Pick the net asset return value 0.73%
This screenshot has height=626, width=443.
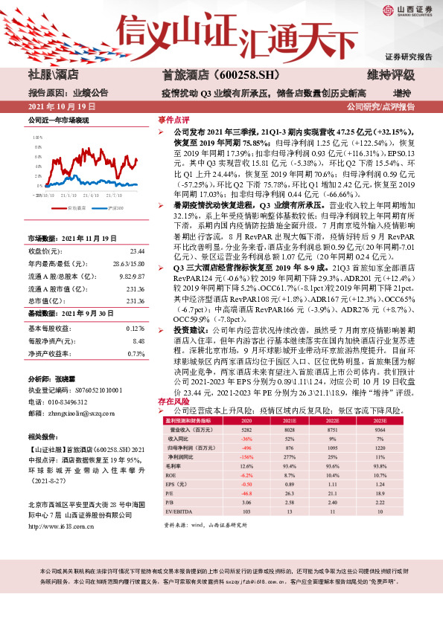136,332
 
